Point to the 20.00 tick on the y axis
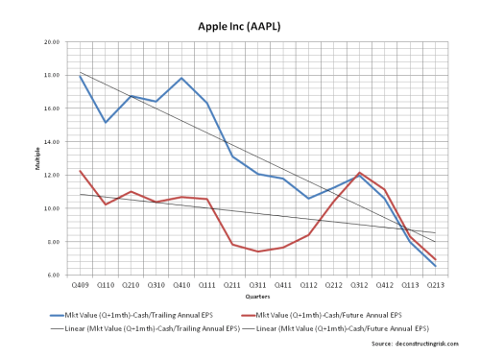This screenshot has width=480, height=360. pos(52,43)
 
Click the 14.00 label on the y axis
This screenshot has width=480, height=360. pos(52,142)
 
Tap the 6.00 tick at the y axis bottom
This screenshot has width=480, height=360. pos(53,276)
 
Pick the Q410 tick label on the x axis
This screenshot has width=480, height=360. pos(181,285)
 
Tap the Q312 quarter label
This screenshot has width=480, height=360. pos(359,285)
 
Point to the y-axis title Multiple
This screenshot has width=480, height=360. pos(37,159)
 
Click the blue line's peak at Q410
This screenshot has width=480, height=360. pos(181,78)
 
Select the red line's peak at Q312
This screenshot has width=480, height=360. pos(359,173)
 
